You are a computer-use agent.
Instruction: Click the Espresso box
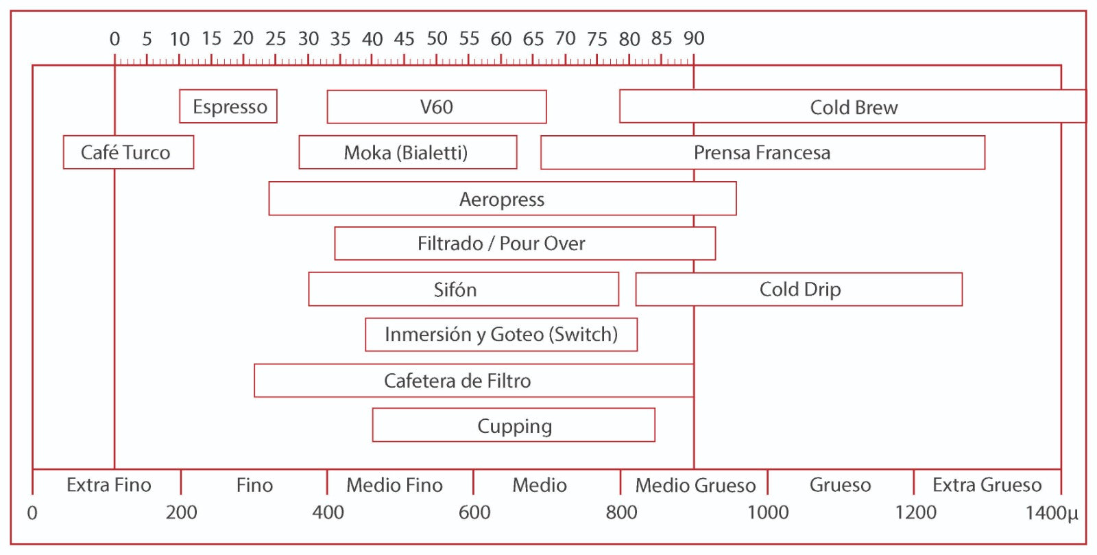(x=228, y=106)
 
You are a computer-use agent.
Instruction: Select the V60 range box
(x=437, y=107)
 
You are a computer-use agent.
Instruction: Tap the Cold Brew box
(x=853, y=106)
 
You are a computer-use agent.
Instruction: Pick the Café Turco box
(x=128, y=152)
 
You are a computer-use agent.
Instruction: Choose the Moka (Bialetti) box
(x=408, y=152)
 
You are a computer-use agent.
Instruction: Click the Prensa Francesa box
(x=763, y=153)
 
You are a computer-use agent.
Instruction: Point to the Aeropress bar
(x=503, y=198)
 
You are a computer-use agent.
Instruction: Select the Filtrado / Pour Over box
(x=525, y=244)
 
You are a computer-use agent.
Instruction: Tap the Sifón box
(x=463, y=289)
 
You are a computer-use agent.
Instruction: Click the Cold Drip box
(x=799, y=290)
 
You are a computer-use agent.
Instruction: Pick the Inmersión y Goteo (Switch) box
(x=501, y=335)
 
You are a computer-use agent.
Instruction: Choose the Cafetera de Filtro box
(x=474, y=381)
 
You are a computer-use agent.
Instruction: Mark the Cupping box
(x=514, y=425)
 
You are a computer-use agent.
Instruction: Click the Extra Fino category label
(x=109, y=485)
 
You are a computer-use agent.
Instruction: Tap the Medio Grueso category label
(x=695, y=486)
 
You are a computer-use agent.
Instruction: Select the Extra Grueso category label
(x=987, y=485)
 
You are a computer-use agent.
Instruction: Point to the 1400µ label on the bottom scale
(x=1052, y=513)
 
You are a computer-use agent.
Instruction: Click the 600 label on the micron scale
(x=474, y=512)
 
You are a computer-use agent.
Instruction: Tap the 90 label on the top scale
(x=694, y=38)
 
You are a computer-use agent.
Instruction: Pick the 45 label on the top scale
(x=404, y=38)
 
